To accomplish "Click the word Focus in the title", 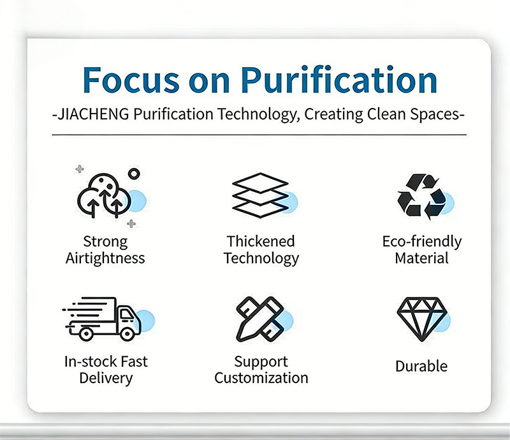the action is pyautogui.click(x=131, y=80).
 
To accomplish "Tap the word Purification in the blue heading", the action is pyautogui.click(x=339, y=80).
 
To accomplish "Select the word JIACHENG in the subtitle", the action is pyautogui.click(x=93, y=114).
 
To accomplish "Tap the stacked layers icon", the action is pyautogui.click(x=260, y=195).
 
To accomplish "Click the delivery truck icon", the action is pyautogui.click(x=101, y=319).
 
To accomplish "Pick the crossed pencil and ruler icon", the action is pyautogui.click(x=260, y=319).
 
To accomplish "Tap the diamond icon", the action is pyautogui.click(x=422, y=319).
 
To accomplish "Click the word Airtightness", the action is pyautogui.click(x=105, y=259).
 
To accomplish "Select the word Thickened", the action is pyautogui.click(x=261, y=241).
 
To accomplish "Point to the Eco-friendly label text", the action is pyautogui.click(x=422, y=242).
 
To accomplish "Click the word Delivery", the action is pyautogui.click(x=106, y=379).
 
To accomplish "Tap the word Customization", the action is pyautogui.click(x=261, y=378).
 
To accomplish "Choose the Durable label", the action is pyautogui.click(x=421, y=367).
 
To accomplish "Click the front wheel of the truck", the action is pyautogui.click(x=127, y=334).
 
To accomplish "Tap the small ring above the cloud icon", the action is pyautogui.click(x=134, y=174).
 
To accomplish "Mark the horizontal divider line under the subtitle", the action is pyautogui.click(x=259, y=135).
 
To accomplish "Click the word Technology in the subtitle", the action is pyautogui.click(x=259, y=115).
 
